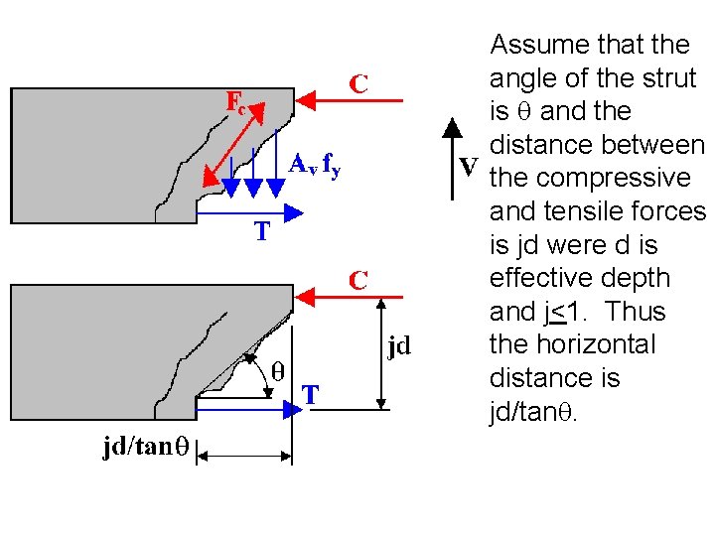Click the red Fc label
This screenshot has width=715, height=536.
coord(235,102)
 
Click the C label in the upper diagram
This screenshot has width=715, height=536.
coord(358,85)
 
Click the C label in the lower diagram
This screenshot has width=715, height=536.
coord(358,280)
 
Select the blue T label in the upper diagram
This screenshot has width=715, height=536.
coord(261,232)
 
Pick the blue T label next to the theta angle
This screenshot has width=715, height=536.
coord(311,395)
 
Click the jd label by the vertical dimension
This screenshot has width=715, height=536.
coord(399,346)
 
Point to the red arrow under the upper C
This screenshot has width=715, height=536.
coord(352,99)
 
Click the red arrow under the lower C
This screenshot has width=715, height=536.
coord(352,295)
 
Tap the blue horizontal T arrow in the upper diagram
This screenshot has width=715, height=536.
coord(248,211)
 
